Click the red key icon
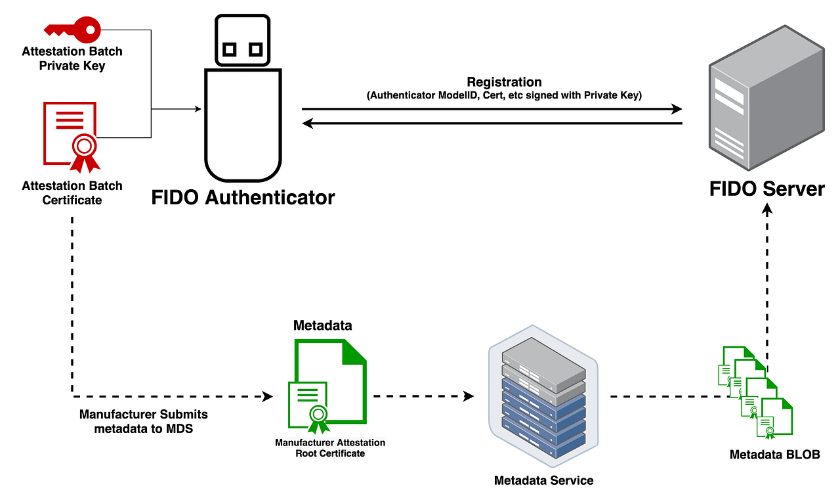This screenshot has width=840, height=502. [x=72, y=29]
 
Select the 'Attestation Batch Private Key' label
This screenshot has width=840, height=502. [x=72, y=58]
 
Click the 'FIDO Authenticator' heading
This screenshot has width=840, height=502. [x=243, y=198]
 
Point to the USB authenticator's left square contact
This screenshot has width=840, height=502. [x=229, y=49]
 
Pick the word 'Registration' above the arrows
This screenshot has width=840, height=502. [x=504, y=82]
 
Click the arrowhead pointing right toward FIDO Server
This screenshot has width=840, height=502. [x=677, y=109]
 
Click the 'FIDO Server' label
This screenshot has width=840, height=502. [x=766, y=189]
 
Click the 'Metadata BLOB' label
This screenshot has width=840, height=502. [x=774, y=455]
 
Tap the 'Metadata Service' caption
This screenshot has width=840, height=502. [x=543, y=480]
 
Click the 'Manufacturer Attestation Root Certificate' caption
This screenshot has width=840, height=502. [x=330, y=448]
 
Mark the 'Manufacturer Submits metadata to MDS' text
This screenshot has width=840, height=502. [x=143, y=422]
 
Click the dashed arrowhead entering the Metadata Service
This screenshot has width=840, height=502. [x=469, y=396]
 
